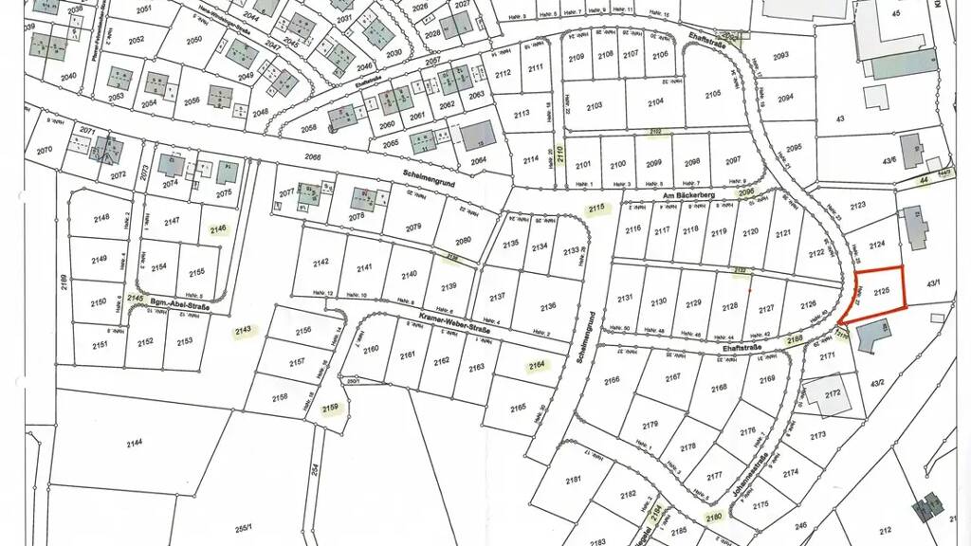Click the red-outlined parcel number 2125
(881, 289)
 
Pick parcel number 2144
(135, 443)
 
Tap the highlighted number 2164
(539, 364)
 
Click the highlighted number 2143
(244, 331)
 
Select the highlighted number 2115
(595, 209)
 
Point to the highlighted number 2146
(219, 229)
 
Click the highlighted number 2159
(330, 409)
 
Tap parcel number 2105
(713, 93)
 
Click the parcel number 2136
(548, 306)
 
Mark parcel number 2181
(574, 481)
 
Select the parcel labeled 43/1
(934, 282)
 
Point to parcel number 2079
(413, 227)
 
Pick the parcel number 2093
(781, 57)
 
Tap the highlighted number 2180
(713, 517)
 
